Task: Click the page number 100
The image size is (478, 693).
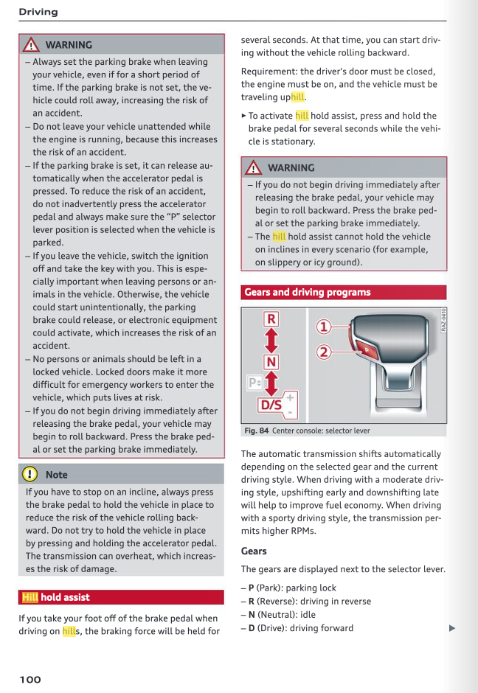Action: point(30,679)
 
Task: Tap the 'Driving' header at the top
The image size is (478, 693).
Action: point(38,12)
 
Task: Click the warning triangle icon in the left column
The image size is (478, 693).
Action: point(30,45)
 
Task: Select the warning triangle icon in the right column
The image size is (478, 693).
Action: point(253,167)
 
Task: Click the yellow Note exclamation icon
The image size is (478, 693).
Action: point(30,475)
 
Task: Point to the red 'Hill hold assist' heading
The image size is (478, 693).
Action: point(56,597)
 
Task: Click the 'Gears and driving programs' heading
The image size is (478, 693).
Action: point(308,292)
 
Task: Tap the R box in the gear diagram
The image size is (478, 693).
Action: point(271,319)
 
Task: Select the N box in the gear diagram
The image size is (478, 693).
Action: point(271,361)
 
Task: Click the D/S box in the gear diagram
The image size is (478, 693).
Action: point(271,404)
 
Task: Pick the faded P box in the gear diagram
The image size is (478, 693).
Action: point(254,383)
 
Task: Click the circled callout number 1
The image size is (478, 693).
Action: point(323,327)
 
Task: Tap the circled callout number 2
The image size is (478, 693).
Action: point(323,352)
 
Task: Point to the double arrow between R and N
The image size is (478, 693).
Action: point(271,340)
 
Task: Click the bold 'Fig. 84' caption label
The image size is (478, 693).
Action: point(256,431)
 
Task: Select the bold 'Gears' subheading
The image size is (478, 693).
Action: point(254,551)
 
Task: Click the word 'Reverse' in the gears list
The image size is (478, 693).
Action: point(274,602)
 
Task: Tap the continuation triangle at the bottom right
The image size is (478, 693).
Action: point(452,628)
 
